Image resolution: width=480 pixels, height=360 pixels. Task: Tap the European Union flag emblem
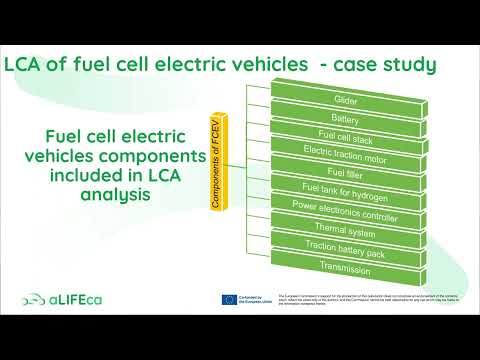229,300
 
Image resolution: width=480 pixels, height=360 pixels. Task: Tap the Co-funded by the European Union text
256,300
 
